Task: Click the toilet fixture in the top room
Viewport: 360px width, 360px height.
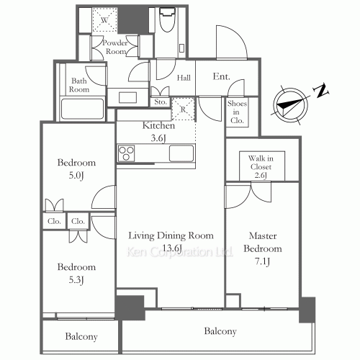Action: pos(167,19)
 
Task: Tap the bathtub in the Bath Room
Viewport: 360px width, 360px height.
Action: pos(82,109)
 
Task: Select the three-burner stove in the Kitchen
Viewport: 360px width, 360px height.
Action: pos(126,153)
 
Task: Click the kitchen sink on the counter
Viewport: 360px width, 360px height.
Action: pos(181,153)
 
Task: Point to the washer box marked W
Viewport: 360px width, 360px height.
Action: pos(104,20)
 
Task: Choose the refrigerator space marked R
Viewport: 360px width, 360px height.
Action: pos(183,109)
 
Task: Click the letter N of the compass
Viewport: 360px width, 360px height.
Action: pos(321,90)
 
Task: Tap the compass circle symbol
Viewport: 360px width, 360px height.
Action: pos(290,106)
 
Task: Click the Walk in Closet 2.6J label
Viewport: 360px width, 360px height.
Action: pos(261,166)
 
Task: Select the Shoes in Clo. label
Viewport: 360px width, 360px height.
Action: pos(237,112)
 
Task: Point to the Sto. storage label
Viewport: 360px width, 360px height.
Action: pos(161,102)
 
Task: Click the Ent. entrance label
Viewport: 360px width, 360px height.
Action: pos(221,76)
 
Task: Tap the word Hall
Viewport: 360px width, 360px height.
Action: pos(184,78)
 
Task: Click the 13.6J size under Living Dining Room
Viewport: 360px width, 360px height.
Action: pos(172,248)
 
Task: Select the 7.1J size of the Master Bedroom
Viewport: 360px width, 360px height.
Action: pos(262,261)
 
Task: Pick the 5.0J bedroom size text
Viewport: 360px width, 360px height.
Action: pos(76,176)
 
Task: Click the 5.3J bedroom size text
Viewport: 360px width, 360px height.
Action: pos(76,280)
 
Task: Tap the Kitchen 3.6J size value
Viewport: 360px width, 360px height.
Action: pos(158,138)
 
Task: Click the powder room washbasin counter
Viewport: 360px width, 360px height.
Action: pos(127,97)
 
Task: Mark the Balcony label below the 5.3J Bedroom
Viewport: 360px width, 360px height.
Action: pos(81,336)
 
